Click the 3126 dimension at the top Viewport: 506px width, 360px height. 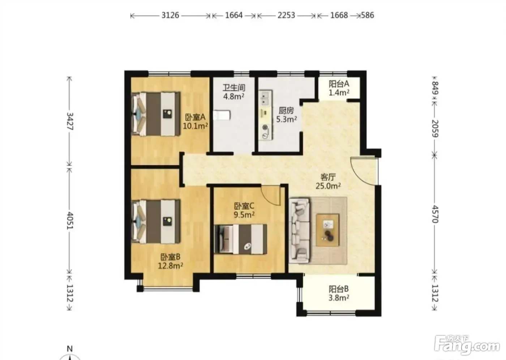(x=170, y=15)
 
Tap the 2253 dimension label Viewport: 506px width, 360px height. (x=286, y=15)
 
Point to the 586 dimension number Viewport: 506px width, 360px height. (x=368, y=15)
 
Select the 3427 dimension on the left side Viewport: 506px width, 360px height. (x=70, y=121)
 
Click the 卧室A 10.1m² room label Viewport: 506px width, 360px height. (x=195, y=121)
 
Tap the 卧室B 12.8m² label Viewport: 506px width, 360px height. (x=170, y=261)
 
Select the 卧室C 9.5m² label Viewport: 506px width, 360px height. (x=244, y=210)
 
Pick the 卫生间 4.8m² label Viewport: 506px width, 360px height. (x=234, y=92)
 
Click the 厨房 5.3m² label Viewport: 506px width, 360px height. (x=286, y=115)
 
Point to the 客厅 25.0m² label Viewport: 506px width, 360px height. (x=328, y=181)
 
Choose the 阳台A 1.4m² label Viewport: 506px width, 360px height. (x=339, y=88)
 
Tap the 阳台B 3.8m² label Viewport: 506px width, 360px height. (x=339, y=293)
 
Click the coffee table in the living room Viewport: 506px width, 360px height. (x=327, y=230)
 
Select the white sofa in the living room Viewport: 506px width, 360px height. (x=299, y=230)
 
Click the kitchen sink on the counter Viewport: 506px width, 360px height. (x=265, y=98)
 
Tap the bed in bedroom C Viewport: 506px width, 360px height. (x=240, y=239)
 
